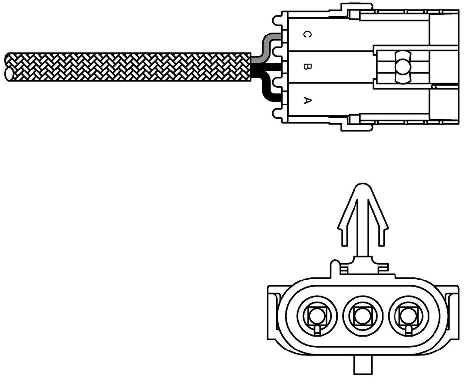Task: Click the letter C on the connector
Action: coord(307,35)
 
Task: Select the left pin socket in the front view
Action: coord(317,316)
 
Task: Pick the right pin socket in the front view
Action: coord(409,316)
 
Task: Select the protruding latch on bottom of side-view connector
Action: coord(356,126)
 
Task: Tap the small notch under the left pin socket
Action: coord(317,330)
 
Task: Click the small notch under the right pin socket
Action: coord(409,330)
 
